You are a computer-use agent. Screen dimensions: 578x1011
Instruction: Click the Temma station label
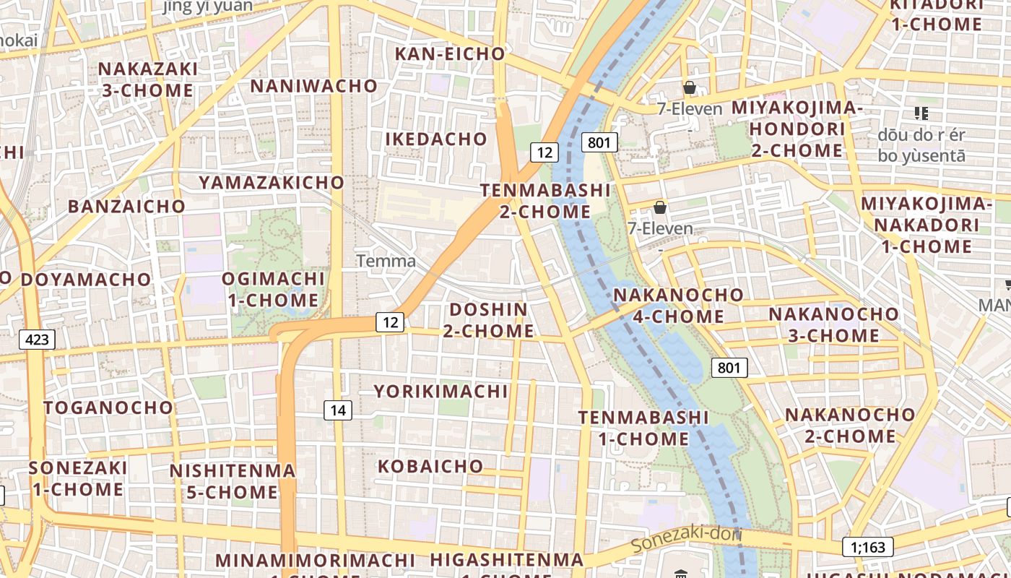(386, 261)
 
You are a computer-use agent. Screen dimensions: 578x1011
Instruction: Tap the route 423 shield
(37, 339)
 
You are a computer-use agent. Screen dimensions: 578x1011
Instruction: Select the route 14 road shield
(337, 410)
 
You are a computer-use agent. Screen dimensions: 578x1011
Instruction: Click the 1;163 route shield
(867, 547)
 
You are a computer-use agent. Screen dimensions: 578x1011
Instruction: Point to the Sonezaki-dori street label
(686, 539)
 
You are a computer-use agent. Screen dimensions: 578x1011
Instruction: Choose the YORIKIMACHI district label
(441, 392)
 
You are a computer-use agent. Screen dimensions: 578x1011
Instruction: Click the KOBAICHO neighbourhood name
(430, 466)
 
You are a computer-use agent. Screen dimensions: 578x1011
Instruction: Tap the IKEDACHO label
(436, 139)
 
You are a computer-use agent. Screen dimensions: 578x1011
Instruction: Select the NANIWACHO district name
(314, 86)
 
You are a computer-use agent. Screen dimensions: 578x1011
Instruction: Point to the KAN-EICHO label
(450, 53)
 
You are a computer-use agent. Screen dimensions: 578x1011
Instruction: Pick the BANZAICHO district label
(126, 206)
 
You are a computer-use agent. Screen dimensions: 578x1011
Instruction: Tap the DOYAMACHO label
(86, 279)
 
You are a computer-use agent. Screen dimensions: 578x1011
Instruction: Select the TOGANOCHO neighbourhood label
(108, 407)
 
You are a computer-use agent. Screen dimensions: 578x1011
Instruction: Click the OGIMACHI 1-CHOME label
(273, 289)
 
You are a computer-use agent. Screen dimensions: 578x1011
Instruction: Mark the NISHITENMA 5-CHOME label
(233, 482)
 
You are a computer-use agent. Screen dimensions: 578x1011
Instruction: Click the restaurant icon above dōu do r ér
(921, 113)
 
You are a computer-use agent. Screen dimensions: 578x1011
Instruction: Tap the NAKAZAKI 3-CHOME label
(147, 79)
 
